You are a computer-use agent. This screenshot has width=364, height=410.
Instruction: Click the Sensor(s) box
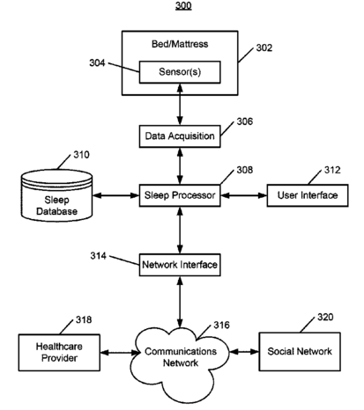[x=180, y=72]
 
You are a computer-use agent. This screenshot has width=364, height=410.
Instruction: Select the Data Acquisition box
[x=180, y=136]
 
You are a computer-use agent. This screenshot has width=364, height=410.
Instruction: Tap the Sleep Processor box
[x=180, y=195]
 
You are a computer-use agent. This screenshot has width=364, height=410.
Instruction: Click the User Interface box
[x=308, y=195]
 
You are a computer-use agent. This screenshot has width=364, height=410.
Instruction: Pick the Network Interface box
[x=180, y=265]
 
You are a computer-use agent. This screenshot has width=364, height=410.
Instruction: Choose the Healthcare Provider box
[x=59, y=353]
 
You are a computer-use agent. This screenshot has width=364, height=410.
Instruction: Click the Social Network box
[x=300, y=352]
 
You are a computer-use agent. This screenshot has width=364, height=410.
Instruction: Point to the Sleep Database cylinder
[x=56, y=195]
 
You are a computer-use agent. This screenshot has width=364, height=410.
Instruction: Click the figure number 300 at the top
[x=183, y=5]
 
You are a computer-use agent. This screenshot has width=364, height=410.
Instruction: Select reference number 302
[x=264, y=48]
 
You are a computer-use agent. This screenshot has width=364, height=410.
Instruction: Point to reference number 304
[x=97, y=62]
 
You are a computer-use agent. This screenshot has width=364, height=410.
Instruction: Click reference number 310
[x=81, y=155]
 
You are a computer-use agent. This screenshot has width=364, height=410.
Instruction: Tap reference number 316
[x=221, y=325]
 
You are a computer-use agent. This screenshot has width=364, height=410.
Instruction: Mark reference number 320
[x=325, y=317]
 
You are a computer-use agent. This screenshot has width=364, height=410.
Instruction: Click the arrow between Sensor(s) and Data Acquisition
[x=180, y=105]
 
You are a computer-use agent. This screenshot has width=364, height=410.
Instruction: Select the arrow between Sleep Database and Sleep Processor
[x=116, y=195]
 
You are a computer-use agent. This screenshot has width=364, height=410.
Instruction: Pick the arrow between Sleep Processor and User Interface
[x=244, y=195]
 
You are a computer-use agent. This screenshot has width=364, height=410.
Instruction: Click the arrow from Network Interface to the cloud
[x=180, y=302]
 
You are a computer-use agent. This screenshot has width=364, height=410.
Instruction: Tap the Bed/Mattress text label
[x=180, y=44]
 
